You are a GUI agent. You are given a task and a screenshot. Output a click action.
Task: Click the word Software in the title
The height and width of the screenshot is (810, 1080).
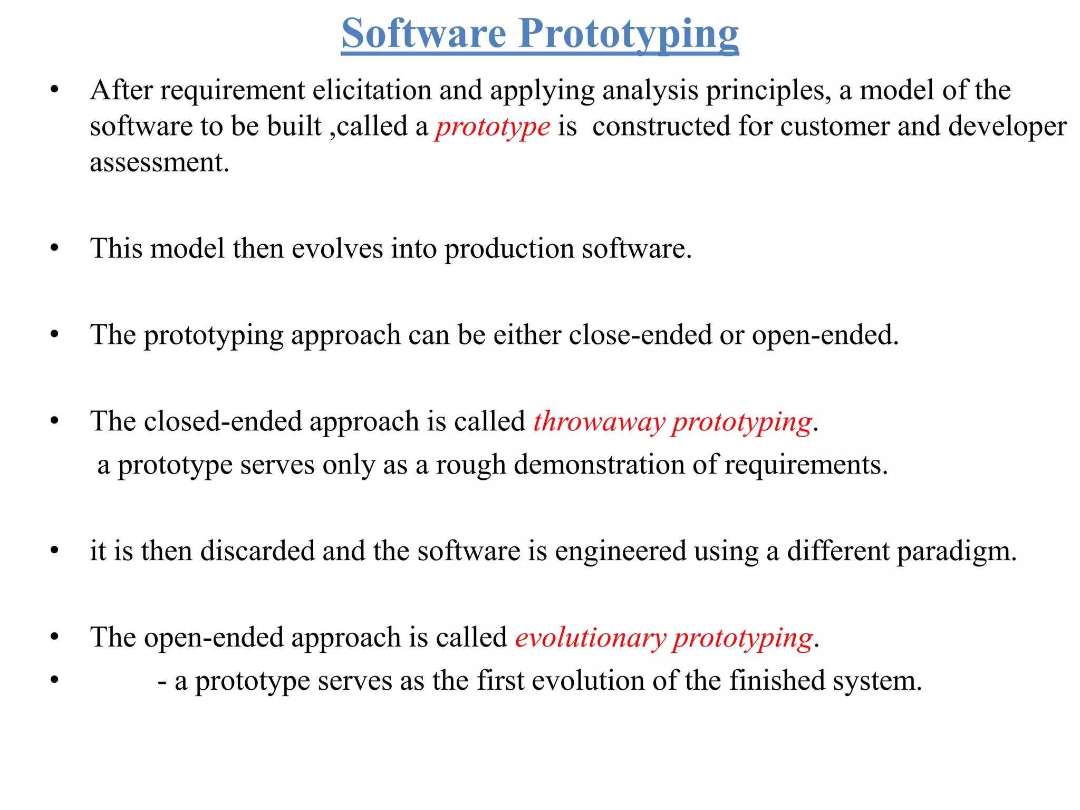tap(424, 33)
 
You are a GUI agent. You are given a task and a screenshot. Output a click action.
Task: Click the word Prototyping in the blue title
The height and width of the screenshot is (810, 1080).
tap(629, 34)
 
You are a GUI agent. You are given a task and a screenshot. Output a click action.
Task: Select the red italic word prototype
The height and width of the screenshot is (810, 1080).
tap(493, 127)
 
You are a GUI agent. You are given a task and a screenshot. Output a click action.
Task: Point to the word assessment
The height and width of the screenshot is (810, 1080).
tap(159, 162)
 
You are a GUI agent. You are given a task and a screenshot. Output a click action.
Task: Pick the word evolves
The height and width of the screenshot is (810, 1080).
tap(337, 248)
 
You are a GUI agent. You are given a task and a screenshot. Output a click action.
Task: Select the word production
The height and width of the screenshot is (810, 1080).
tap(509, 249)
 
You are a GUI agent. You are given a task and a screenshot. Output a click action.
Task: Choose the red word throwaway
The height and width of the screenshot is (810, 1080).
tap(599, 422)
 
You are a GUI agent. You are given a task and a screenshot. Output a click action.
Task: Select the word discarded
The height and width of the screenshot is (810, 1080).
tap(257, 551)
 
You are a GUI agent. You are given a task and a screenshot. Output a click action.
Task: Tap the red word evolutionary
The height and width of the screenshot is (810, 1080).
tap(590, 638)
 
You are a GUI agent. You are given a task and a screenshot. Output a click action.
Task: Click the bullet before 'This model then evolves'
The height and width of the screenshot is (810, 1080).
tap(54, 248)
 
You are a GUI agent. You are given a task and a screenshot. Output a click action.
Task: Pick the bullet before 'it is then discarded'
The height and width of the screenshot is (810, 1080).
tap(54, 551)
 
